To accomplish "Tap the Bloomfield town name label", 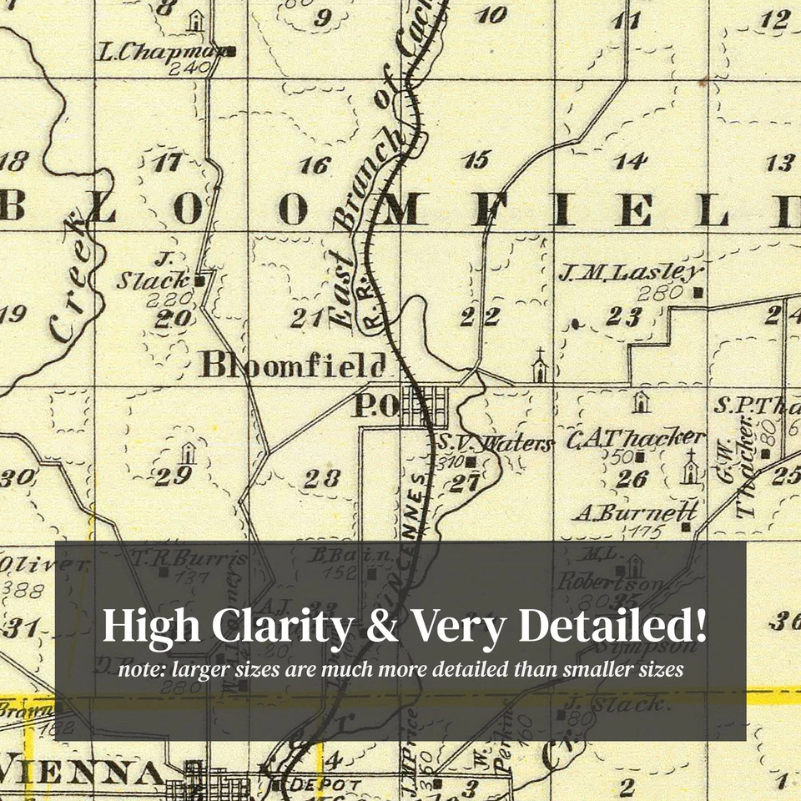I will pyautogui.click(x=293, y=365).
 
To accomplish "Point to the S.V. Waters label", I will pyautogui.click(x=495, y=444).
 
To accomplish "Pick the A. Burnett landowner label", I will pyautogui.click(x=635, y=512).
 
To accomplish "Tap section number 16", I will pyautogui.click(x=315, y=165).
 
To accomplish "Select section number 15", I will pyautogui.click(x=476, y=160).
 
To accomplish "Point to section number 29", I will pyautogui.click(x=174, y=476).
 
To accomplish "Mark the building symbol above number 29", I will pyautogui.click(x=189, y=452).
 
